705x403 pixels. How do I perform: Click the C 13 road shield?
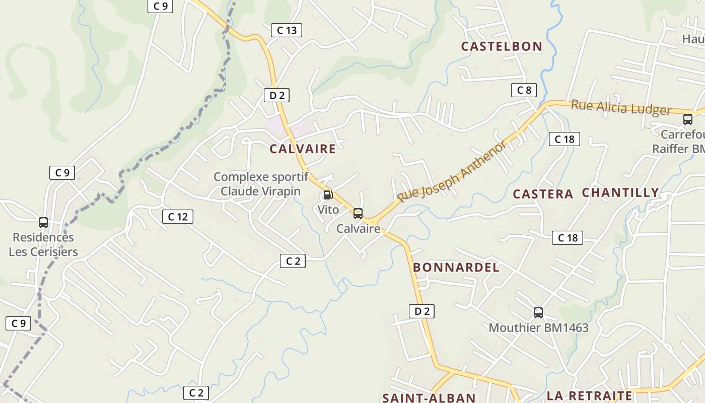pos(287,30)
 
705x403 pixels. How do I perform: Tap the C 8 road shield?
pos(524,90)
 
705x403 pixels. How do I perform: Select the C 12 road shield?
pos(177,217)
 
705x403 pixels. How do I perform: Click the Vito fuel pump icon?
pos(328,195)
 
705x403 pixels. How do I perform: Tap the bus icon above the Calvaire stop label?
pos(358,214)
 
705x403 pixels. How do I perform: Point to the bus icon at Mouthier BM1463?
pos(538,313)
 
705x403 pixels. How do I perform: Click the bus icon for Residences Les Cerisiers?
pos(43,223)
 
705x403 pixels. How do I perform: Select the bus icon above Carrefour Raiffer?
pos(688,119)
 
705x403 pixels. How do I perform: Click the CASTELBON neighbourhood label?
pos(502,46)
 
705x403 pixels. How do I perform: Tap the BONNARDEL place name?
pos(456,267)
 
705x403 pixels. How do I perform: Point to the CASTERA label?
pos(543,194)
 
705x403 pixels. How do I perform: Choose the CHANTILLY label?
pos(620,192)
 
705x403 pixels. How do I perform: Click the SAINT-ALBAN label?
pos(429,397)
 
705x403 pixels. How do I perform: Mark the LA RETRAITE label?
pos(589,395)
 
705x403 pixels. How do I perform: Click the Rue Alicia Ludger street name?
pos(621,108)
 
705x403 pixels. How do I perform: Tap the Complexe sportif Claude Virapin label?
pos(261,184)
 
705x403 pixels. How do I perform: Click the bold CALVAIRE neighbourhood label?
pos(302,149)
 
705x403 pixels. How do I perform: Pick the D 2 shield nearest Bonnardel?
pos(421,311)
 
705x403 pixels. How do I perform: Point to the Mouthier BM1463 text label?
pos(538,328)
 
